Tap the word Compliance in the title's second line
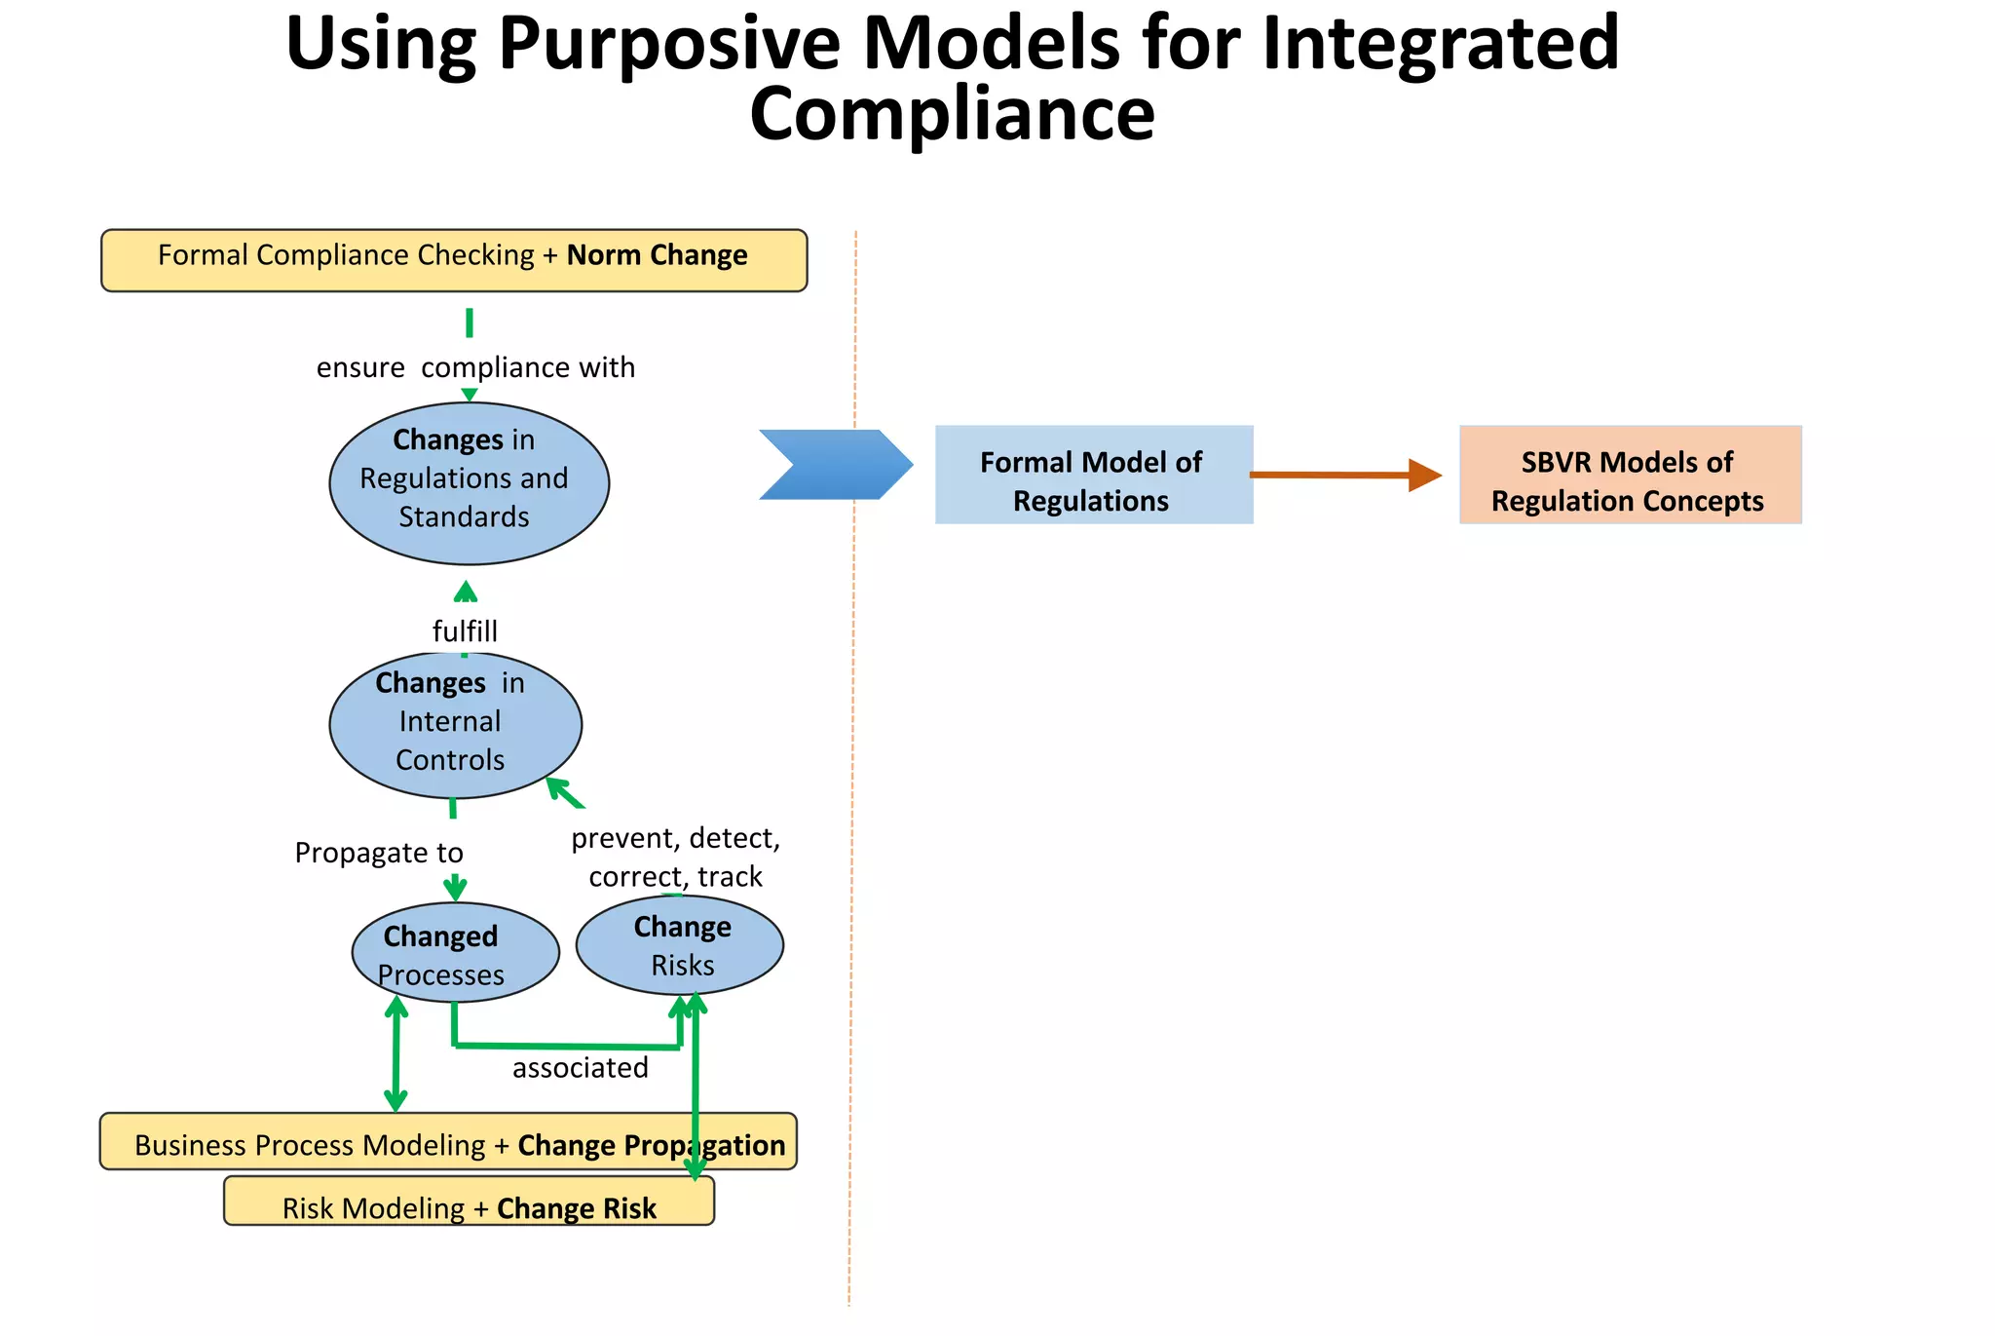tap(952, 114)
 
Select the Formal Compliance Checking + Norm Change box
tap(454, 260)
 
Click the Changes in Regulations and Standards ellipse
tap(469, 482)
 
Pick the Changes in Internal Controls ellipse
tap(455, 724)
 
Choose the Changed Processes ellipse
tap(455, 952)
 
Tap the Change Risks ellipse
tap(680, 944)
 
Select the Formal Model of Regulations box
tap(1093, 475)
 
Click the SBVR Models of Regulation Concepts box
tap(1630, 475)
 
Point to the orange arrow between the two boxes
tap(1344, 475)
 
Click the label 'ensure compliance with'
tap(475, 367)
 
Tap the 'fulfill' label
tap(465, 631)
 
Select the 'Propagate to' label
tap(379, 853)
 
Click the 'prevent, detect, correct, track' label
tap(675, 857)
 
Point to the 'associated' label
tap(580, 1068)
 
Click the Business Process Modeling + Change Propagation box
tap(448, 1142)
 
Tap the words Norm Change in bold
tap(657, 255)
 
